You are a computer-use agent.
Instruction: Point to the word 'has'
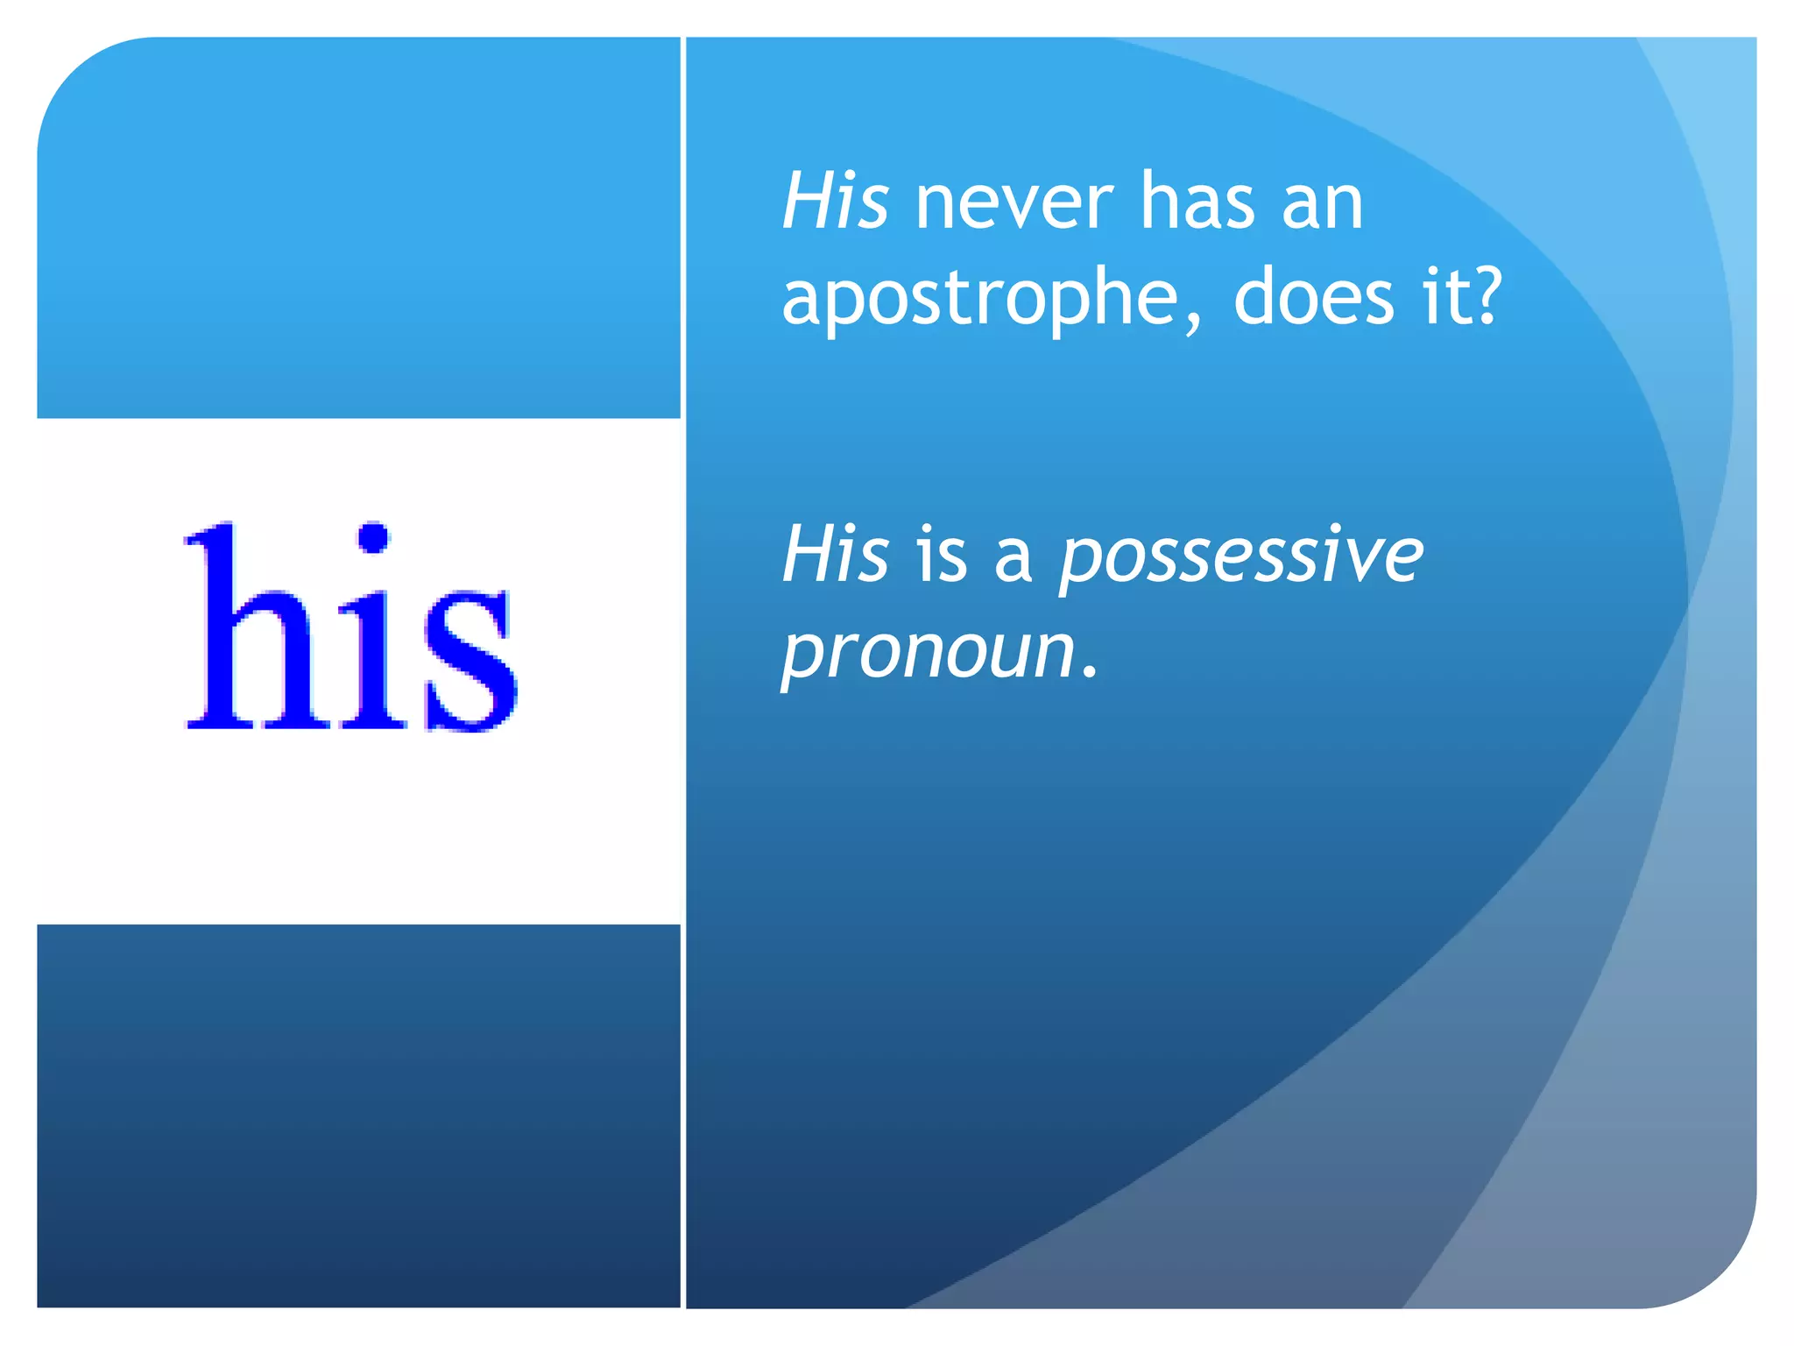(1197, 203)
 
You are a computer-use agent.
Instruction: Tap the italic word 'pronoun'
(929, 653)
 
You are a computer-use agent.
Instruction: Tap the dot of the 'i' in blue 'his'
(374, 538)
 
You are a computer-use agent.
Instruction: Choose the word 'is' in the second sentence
(942, 556)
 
